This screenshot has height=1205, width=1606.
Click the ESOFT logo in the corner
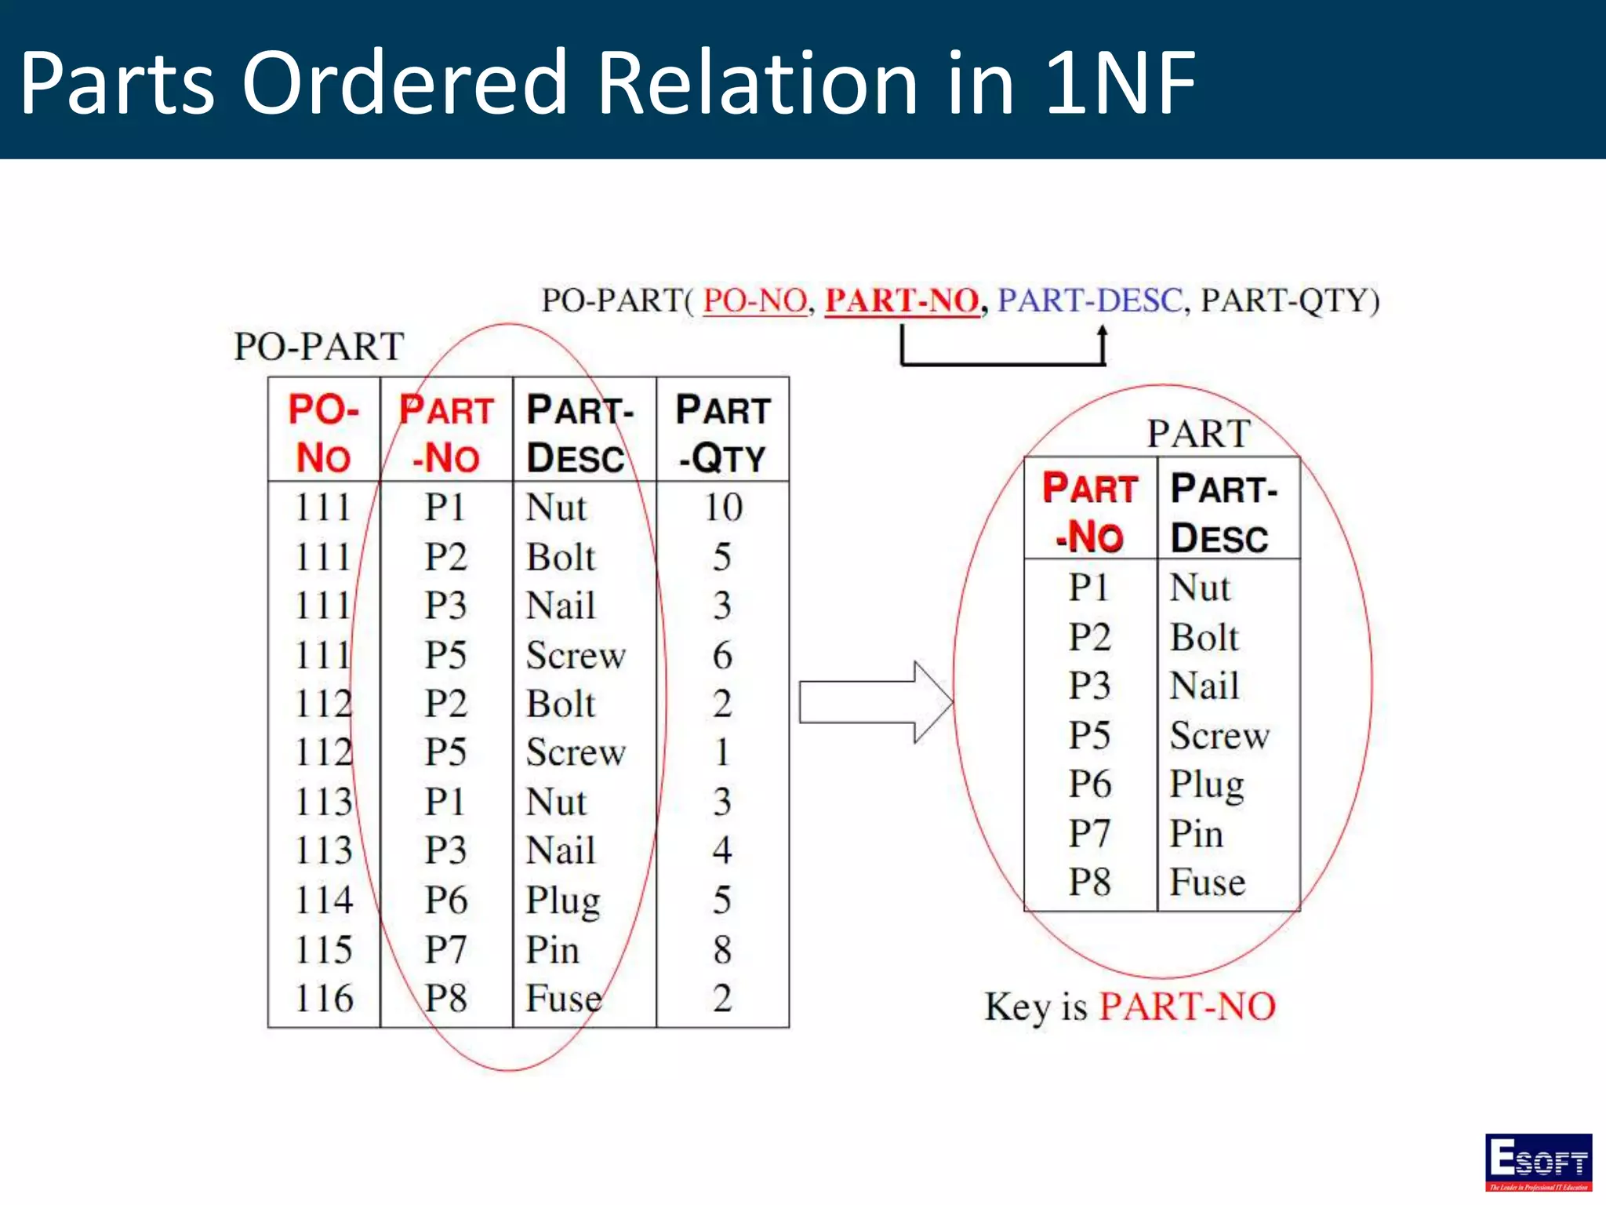pyautogui.click(x=1538, y=1162)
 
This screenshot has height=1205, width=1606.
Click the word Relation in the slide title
pyautogui.click(x=757, y=82)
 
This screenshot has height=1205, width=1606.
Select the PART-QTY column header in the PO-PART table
pyautogui.click(x=722, y=433)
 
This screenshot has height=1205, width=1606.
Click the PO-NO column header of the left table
pyautogui.click(x=323, y=433)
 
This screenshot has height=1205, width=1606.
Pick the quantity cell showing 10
pyautogui.click(x=722, y=508)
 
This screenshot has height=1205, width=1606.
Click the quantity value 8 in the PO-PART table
pyautogui.click(x=722, y=949)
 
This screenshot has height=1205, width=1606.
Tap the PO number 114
pyautogui.click(x=323, y=900)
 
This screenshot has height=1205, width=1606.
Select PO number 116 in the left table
pyautogui.click(x=323, y=999)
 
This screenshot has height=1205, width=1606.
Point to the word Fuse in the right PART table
pyautogui.click(x=1207, y=883)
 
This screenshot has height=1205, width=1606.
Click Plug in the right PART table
pyautogui.click(x=1206, y=785)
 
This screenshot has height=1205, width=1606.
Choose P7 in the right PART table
pyautogui.click(x=1089, y=833)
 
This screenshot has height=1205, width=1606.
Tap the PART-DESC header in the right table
pyautogui.click(x=1223, y=513)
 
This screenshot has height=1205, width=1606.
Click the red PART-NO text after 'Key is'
pyautogui.click(x=1186, y=1007)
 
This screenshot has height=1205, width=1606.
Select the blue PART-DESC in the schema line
pyautogui.click(x=1089, y=300)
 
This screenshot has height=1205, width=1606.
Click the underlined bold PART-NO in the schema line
pyautogui.click(x=902, y=300)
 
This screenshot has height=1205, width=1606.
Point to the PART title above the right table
pyautogui.click(x=1198, y=434)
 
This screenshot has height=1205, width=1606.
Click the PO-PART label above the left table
pyautogui.click(x=318, y=347)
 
